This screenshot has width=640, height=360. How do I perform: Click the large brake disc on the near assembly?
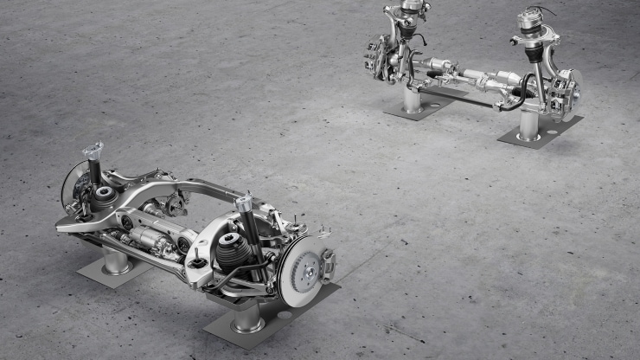point(298,270)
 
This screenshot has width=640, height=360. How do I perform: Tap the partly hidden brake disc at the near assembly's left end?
point(72,184)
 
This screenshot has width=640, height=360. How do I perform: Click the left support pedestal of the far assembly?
point(412,100)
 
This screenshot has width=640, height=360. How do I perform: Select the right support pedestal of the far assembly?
point(529,125)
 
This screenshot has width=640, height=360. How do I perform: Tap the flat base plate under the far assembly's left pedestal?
point(419,109)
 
